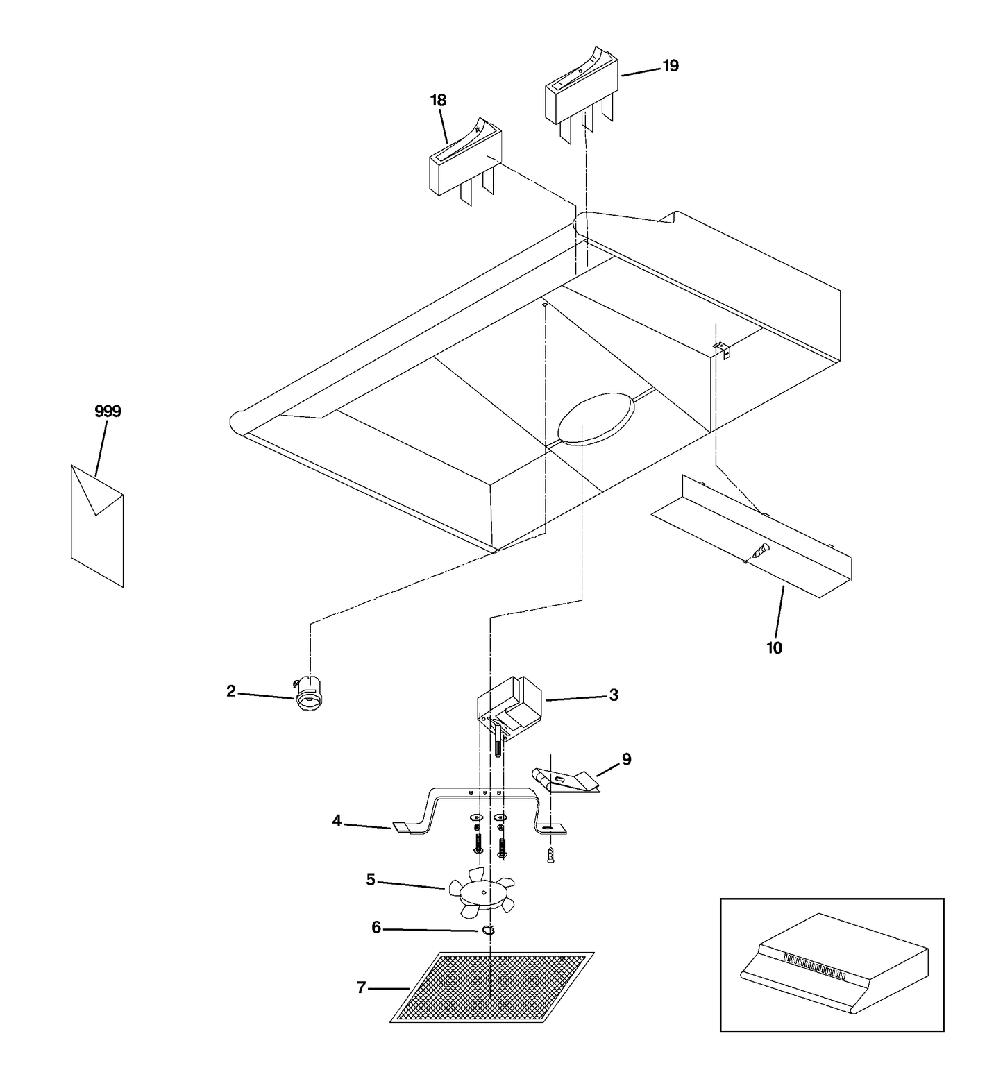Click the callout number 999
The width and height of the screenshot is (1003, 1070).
[108, 411]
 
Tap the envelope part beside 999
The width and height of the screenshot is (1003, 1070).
[97, 525]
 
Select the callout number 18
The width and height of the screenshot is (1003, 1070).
[438, 101]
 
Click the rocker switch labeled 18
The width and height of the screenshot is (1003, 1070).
[465, 162]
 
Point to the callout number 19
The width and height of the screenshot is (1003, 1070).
[671, 66]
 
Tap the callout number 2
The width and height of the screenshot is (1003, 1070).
[230, 691]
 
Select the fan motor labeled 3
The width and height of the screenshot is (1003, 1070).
[509, 709]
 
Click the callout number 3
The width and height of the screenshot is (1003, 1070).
[614, 695]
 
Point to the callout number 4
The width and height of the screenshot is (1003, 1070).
[337, 821]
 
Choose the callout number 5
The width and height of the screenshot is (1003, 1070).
[371, 880]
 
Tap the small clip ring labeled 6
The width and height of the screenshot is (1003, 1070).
[488, 931]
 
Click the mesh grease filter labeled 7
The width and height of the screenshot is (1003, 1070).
[492, 987]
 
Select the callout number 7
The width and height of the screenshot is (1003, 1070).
[361, 987]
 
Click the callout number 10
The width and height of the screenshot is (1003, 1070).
[774, 648]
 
